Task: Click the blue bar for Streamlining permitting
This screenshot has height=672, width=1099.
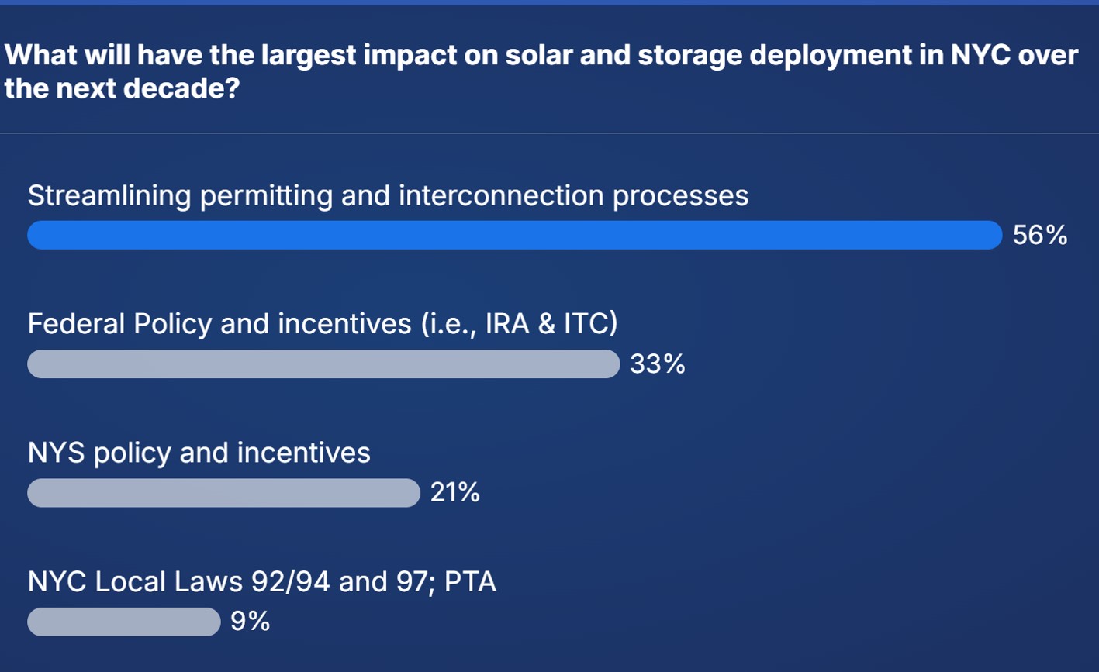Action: (x=515, y=235)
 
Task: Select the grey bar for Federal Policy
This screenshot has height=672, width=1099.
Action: (x=324, y=364)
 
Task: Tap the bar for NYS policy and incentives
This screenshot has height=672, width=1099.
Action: (x=223, y=493)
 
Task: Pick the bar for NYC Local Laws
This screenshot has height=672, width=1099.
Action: (x=124, y=622)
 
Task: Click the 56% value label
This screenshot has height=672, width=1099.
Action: (x=1040, y=235)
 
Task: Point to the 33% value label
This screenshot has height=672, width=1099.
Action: (x=658, y=364)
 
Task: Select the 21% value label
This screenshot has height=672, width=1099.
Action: (x=454, y=492)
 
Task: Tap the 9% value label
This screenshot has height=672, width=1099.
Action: (x=251, y=621)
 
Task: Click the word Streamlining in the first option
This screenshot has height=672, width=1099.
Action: (x=109, y=197)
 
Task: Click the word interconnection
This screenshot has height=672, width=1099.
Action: (x=501, y=195)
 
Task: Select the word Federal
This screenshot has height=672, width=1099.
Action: (x=76, y=323)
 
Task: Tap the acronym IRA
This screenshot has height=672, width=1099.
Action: (x=507, y=323)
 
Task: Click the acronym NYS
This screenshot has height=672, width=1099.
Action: (x=56, y=453)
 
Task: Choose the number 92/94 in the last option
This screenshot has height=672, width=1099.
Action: (x=290, y=582)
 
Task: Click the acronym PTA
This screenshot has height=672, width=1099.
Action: (x=470, y=582)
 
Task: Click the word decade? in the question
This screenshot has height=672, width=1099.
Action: (x=181, y=88)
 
